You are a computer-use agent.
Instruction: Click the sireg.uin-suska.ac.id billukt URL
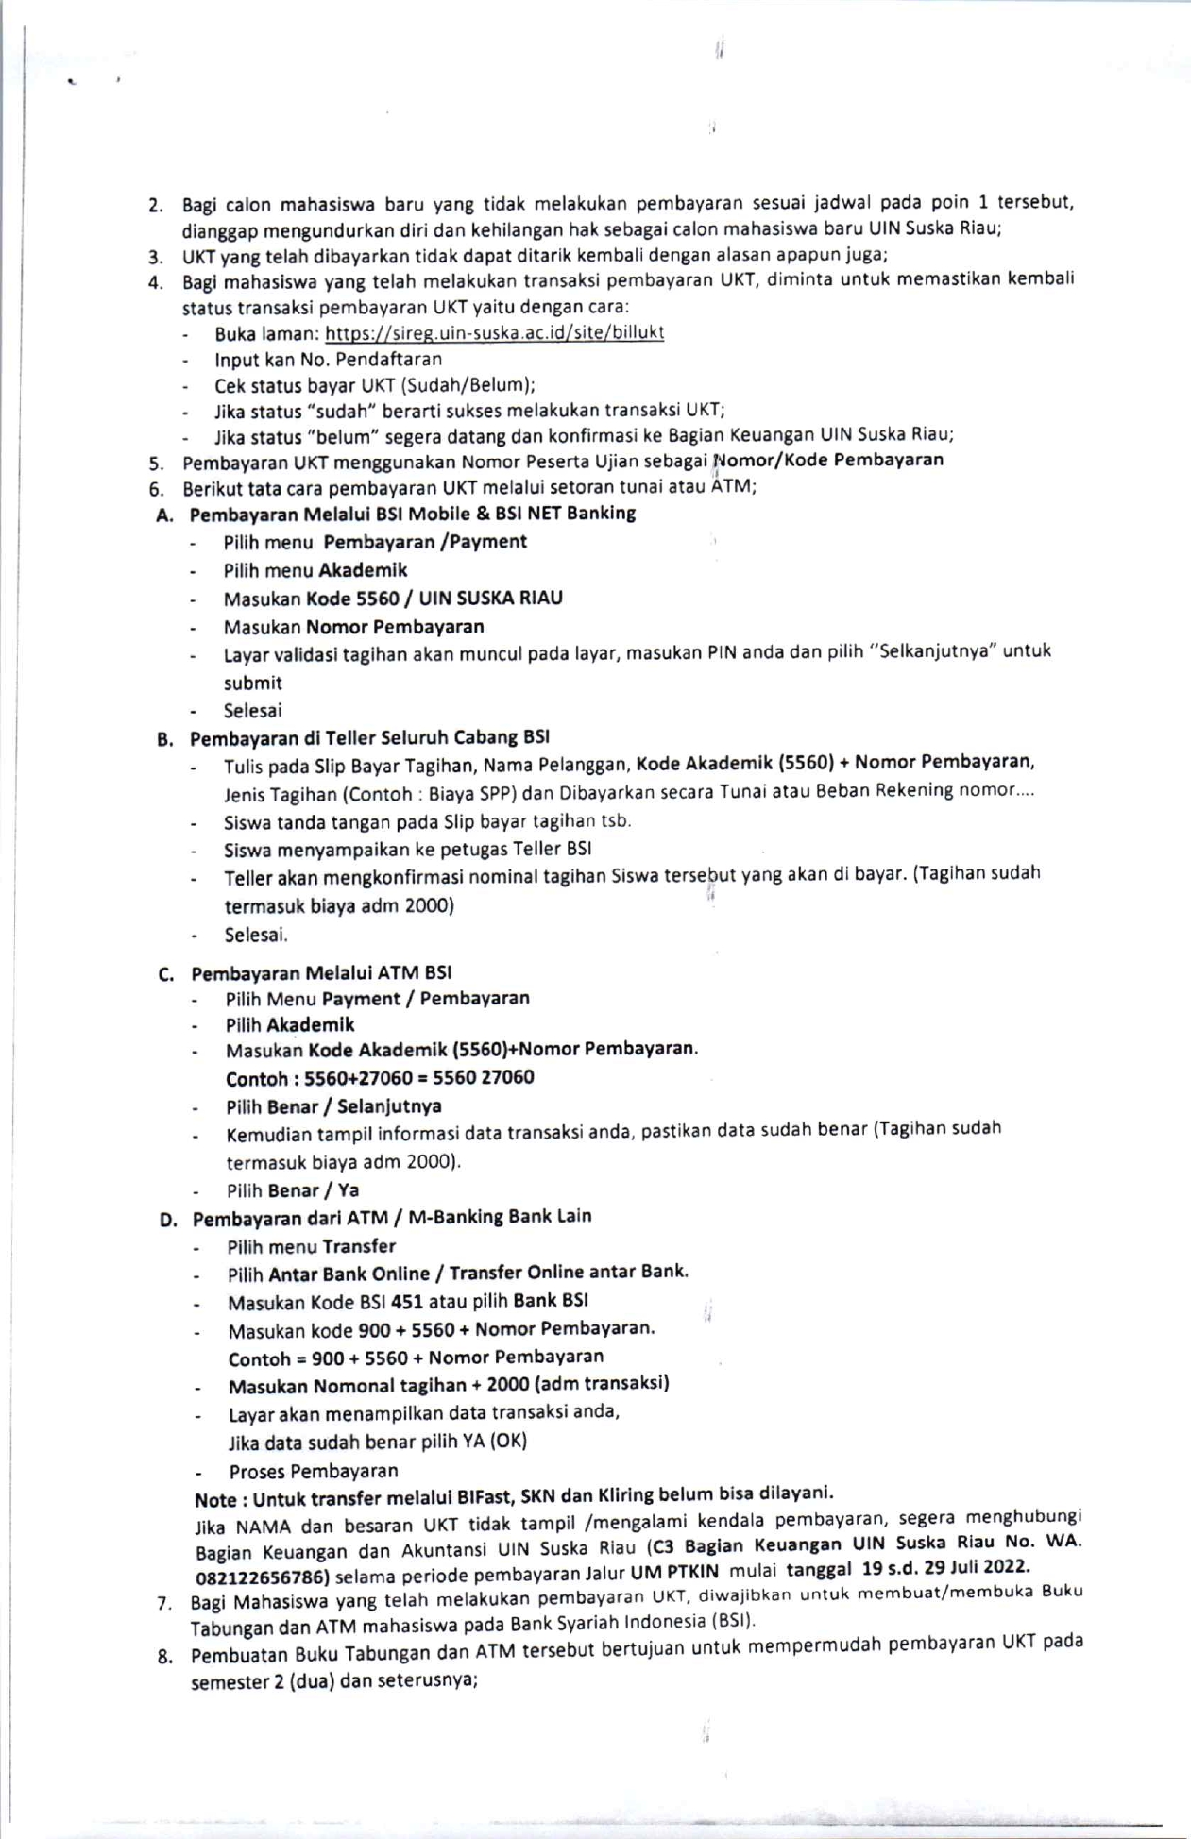click(x=494, y=332)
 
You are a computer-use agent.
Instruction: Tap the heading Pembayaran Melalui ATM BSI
click(x=321, y=973)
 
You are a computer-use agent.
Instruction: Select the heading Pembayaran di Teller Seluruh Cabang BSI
click(x=369, y=737)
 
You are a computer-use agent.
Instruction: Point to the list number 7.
click(x=164, y=1603)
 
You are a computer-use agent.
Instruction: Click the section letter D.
click(x=168, y=1220)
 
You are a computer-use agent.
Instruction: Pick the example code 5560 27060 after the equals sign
click(x=483, y=1077)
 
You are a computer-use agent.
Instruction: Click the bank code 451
click(x=407, y=1302)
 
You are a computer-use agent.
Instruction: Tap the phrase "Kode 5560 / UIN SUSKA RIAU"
click(x=434, y=599)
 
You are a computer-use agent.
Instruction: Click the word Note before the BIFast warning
click(x=215, y=1500)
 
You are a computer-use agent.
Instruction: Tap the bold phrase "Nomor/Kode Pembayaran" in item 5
click(x=827, y=460)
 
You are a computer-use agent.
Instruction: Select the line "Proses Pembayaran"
click(x=314, y=1471)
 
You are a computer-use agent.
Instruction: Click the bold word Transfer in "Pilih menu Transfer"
click(x=359, y=1246)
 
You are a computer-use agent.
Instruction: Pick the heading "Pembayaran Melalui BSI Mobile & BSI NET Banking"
click(x=412, y=514)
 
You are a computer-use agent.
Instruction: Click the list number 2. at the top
click(x=156, y=205)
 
